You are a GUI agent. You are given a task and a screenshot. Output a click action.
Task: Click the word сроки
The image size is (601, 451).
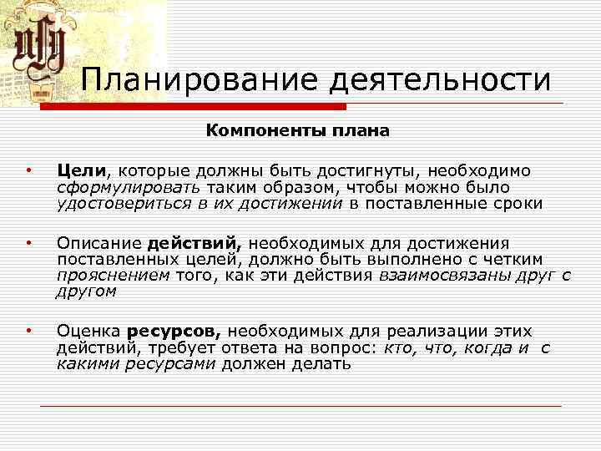[x=513, y=203]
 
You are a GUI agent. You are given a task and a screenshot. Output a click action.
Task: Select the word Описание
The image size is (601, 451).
[x=98, y=244]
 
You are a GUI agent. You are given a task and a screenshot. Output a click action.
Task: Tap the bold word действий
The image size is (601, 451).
[x=194, y=244]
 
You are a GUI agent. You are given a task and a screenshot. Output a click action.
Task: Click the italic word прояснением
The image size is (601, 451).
[x=113, y=276]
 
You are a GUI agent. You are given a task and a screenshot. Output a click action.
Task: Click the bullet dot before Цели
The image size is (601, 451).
[x=29, y=172]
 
